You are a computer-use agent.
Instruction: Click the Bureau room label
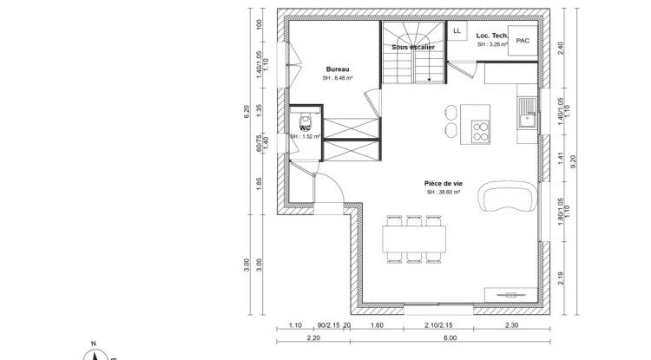click(338, 69)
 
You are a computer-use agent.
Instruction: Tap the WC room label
click(306, 128)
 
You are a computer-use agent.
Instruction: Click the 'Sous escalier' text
click(413, 47)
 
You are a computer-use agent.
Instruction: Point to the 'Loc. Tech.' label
click(491, 36)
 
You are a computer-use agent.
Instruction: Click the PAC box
click(523, 41)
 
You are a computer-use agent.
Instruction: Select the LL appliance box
click(457, 29)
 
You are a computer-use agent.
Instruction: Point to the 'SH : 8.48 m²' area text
click(338, 78)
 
